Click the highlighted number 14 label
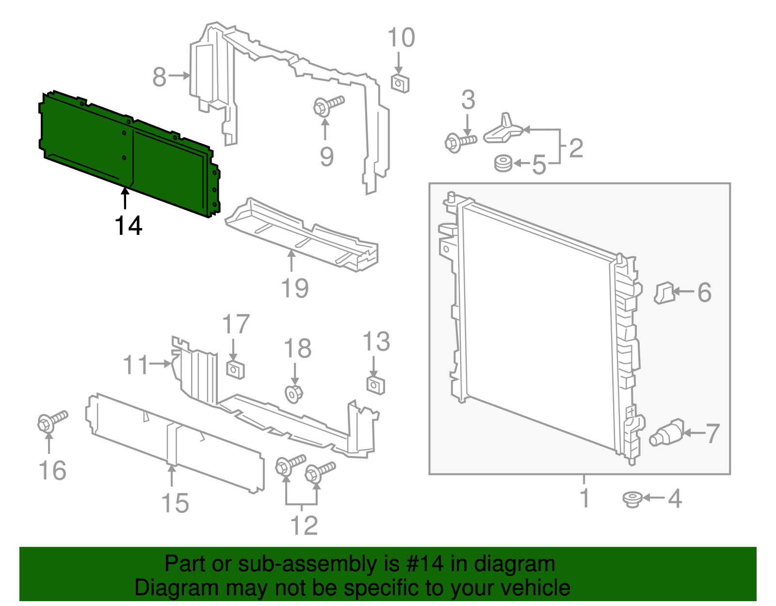click(129, 226)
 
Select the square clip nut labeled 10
click(400, 83)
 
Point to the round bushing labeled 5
click(503, 163)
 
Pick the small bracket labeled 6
click(664, 293)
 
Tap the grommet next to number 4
click(632, 499)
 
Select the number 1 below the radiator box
click(585, 498)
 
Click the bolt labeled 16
click(51, 420)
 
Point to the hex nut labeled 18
click(293, 393)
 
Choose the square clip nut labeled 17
click(235, 370)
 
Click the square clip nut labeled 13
click(375, 385)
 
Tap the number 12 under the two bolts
click(304, 525)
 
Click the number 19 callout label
click(295, 288)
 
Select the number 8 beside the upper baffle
click(159, 77)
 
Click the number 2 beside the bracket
click(575, 147)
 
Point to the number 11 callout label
click(135, 365)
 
